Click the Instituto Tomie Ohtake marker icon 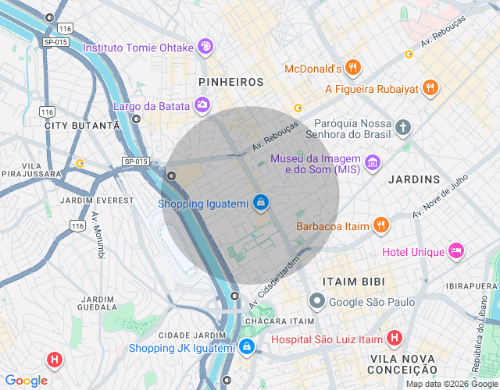(x=205, y=47)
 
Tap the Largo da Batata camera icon (x=202, y=105)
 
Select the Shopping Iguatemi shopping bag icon (x=260, y=204)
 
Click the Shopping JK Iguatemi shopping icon (x=246, y=346)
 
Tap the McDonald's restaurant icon (x=353, y=68)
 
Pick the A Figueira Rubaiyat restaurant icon (x=430, y=88)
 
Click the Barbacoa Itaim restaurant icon (x=380, y=226)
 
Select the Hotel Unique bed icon (x=456, y=251)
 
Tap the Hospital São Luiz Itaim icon (x=395, y=339)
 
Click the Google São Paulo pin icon (x=316, y=300)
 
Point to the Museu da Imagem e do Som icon (x=373, y=163)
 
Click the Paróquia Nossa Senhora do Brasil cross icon (x=402, y=127)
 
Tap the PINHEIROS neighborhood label (x=231, y=82)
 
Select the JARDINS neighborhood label (x=414, y=179)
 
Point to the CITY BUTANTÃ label (x=83, y=125)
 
